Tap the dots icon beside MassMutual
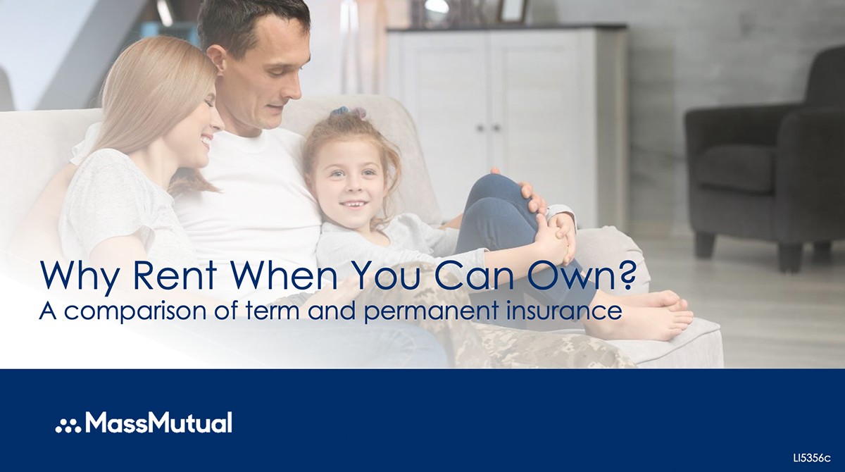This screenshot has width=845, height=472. pyautogui.click(x=68, y=426)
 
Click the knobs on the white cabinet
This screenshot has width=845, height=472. pyautogui.click(x=488, y=128)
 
